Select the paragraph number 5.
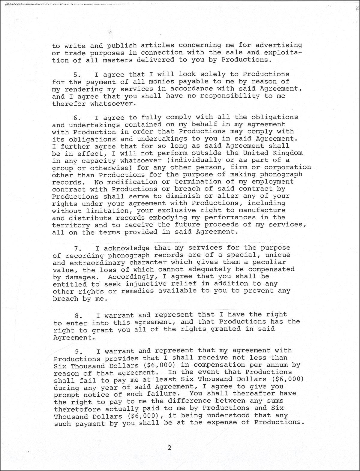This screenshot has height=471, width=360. (76, 75)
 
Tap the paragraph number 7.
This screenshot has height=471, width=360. (76, 249)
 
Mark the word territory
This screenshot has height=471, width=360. (71, 225)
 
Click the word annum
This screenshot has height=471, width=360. (274, 365)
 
